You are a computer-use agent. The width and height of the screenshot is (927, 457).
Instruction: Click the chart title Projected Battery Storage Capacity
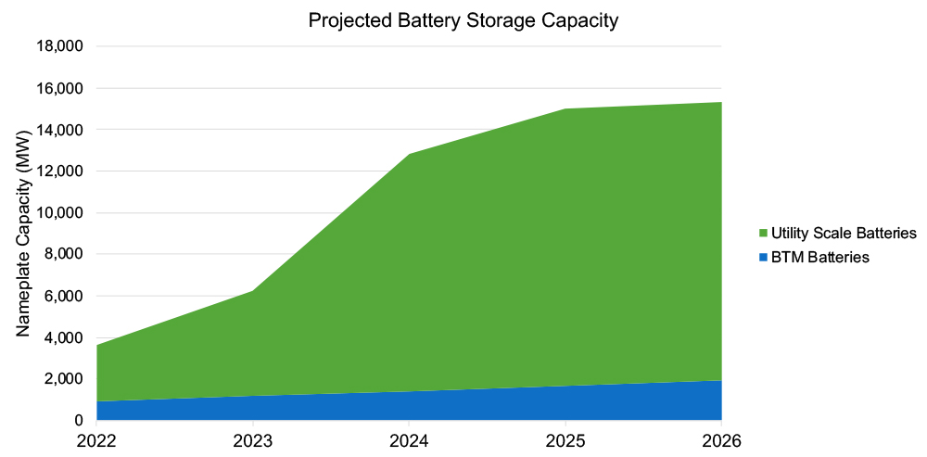[x=463, y=21]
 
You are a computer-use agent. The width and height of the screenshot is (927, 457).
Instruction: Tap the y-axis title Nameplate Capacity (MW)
[x=24, y=233]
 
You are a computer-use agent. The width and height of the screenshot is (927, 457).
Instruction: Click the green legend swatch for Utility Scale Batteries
[x=763, y=232]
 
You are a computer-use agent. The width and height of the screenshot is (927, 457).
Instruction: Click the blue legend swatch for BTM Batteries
[x=763, y=258]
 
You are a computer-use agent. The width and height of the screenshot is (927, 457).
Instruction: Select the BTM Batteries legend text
[x=819, y=258]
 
